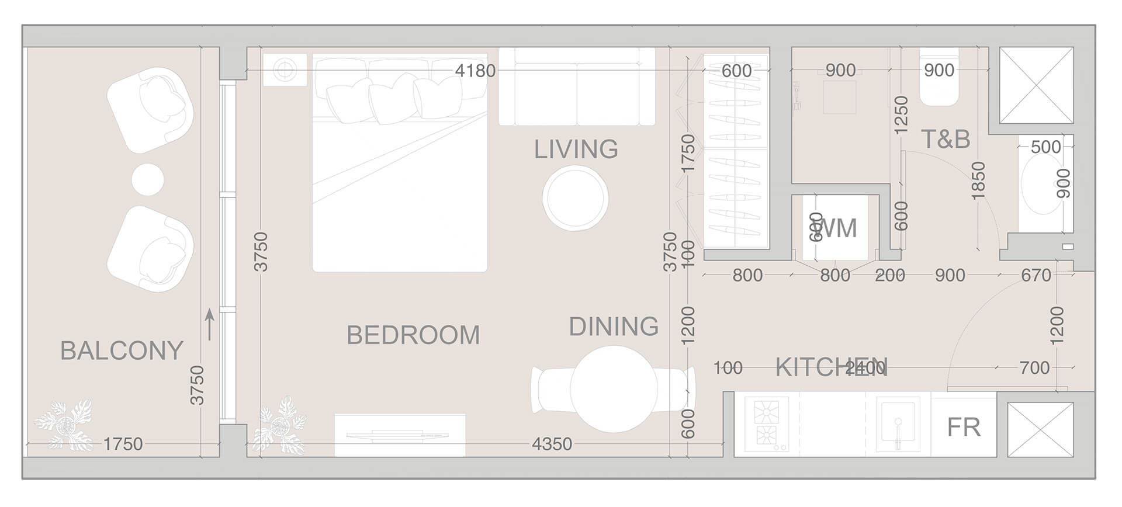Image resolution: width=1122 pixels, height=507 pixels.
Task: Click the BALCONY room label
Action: click(122, 350)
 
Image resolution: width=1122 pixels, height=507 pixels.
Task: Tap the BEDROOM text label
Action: click(413, 335)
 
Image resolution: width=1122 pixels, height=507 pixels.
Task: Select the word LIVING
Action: click(576, 150)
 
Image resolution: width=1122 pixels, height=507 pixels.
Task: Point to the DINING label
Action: click(614, 327)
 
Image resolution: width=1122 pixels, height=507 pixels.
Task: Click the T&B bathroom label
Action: click(945, 140)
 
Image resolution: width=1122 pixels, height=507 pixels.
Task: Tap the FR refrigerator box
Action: click(963, 428)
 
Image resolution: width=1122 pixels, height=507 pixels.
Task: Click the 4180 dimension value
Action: click(475, 71)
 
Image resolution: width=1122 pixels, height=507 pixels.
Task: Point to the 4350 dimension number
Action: click(551, 445)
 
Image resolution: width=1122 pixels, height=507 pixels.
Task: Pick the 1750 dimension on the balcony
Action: click(123, 445)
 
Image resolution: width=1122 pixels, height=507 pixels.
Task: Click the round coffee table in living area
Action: click(575, 198)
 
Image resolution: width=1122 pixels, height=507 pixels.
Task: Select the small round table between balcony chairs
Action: click(148, 179)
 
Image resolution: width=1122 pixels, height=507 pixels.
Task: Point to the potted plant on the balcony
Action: click(63, 424)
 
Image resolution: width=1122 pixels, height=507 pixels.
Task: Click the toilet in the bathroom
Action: click(939, 88)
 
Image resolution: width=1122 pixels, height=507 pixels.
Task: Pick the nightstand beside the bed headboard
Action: click(285, 70)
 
